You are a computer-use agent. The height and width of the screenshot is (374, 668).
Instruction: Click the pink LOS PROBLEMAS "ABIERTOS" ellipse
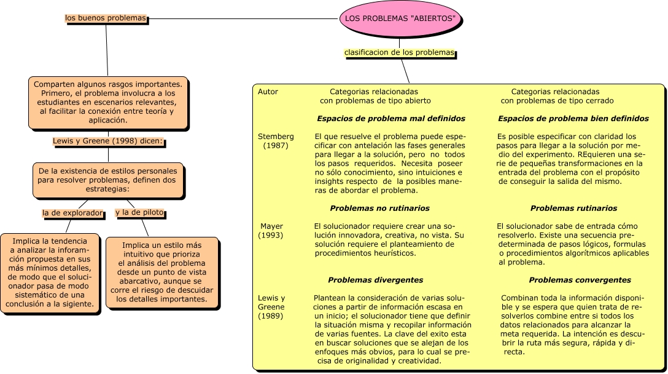[400, 18]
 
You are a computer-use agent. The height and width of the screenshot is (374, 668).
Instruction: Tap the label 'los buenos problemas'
[106, 18]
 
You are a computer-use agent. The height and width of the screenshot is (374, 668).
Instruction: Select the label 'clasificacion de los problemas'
[399, 53]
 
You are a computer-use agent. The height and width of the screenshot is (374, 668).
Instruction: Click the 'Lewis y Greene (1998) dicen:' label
[108, 141]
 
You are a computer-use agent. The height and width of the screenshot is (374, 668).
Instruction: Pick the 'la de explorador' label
[72, 213]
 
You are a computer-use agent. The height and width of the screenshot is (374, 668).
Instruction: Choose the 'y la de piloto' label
[139, 213]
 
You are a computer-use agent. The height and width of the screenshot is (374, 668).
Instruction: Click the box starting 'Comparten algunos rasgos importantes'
[108, 103]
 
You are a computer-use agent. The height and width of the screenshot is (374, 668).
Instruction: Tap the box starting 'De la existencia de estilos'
[108, 180]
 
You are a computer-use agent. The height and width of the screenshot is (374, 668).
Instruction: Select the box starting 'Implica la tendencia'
[50, 273]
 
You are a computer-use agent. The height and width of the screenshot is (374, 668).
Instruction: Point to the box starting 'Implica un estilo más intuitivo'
[162, 272]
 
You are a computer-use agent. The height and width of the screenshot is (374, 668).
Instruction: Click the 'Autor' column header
[268, 92]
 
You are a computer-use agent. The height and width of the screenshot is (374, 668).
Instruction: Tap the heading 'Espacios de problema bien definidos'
[573, 118]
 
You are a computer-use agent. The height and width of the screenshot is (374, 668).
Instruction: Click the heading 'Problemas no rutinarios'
[379, 209]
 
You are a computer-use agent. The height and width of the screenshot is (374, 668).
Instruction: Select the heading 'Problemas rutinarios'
[573, 209]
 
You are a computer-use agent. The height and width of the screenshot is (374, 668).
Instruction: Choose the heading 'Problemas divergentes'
[375, 280]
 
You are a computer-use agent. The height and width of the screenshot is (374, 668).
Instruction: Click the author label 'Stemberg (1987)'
[276, 141]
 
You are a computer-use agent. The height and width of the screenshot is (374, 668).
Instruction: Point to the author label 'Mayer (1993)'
[271, 231]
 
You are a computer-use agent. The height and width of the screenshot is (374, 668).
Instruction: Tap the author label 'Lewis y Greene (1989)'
[271, 307]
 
